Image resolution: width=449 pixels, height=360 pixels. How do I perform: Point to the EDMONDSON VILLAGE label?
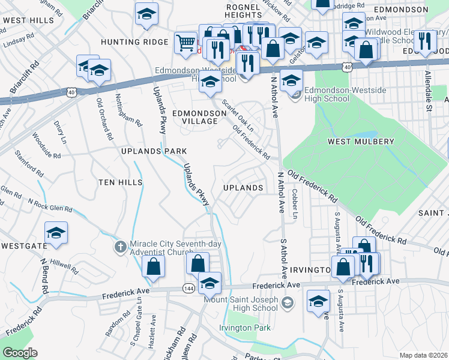194,117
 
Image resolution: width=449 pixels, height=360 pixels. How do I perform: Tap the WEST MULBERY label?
360,142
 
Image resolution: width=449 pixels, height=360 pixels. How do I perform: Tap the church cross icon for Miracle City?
120,246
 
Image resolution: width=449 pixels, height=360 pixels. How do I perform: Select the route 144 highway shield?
188,288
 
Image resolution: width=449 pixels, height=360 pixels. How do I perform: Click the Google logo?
20,353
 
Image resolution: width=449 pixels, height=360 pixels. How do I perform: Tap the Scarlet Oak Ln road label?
238,115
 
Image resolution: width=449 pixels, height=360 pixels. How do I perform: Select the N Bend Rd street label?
44,276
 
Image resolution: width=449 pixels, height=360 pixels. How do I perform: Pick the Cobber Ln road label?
294,205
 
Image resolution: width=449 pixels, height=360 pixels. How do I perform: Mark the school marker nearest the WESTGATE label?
56,233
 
